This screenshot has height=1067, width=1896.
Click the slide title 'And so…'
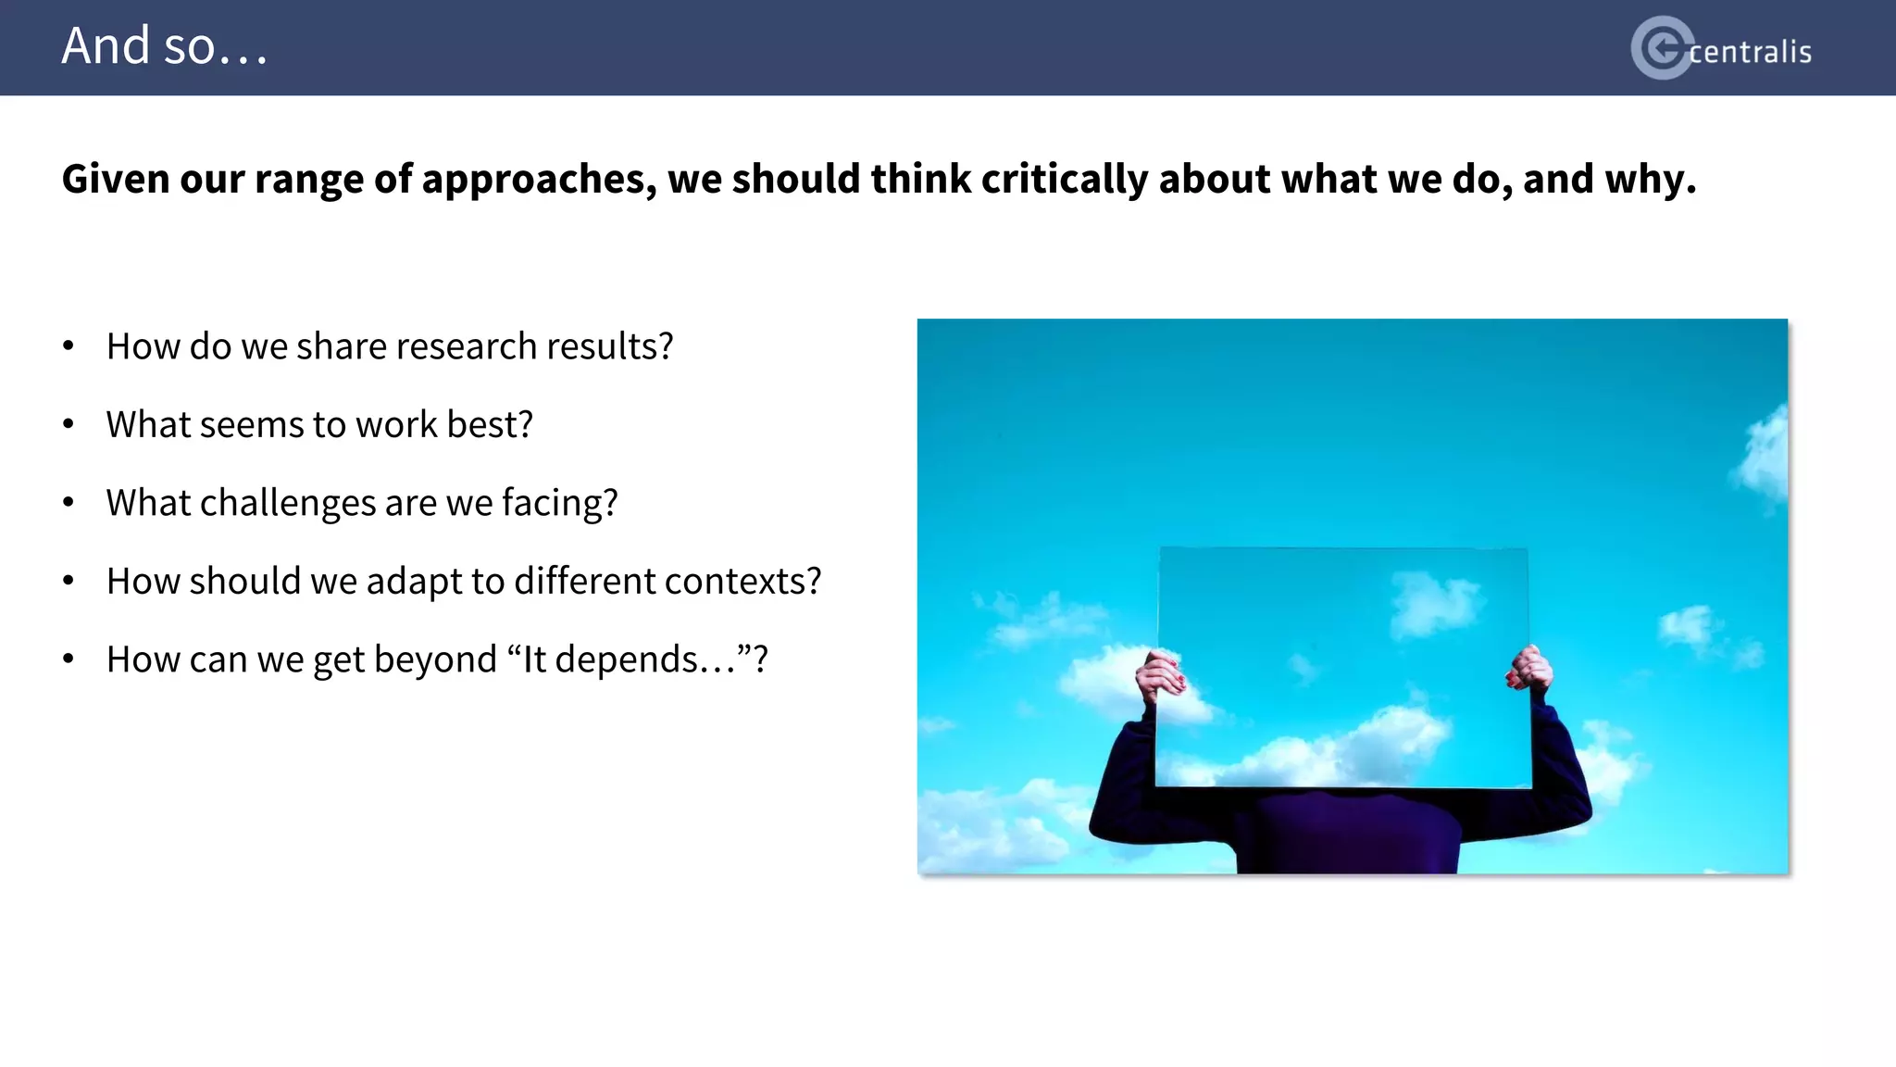tap(165, 46)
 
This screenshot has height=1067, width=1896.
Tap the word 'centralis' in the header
tap(1750, 52)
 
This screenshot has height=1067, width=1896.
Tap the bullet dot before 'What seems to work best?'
tap(69, 424)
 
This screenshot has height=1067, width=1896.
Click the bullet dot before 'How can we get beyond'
tap(69, 659)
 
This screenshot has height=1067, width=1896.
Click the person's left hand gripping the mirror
tap(1159, 676)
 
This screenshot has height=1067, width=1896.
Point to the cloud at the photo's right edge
tap(1764, 454)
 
